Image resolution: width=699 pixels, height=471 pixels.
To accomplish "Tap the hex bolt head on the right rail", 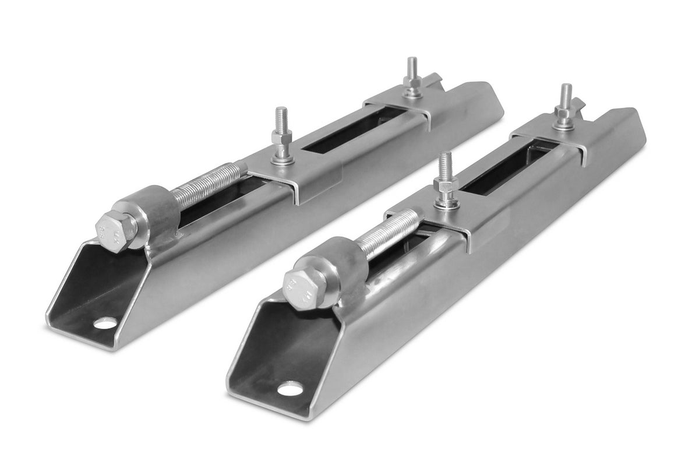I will point(303,287).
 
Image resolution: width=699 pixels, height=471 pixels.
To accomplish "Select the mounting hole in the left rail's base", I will point(105,322).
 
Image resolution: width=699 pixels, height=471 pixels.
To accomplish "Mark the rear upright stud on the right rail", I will point(565,107).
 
